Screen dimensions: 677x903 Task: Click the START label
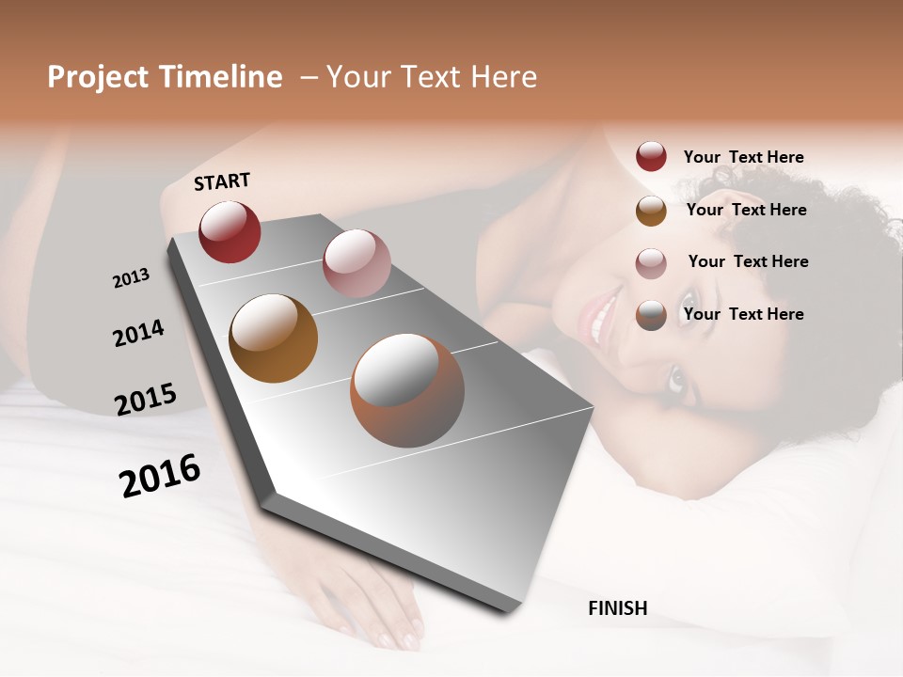[x=222, y=181]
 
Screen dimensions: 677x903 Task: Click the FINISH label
[x=617, y=608]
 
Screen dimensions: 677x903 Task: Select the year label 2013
[x=131, y=278]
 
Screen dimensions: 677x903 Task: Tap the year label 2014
[x=138, y=333]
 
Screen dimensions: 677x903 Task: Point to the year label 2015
[x=146, y=399]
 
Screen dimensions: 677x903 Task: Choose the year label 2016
[x=160, y=475]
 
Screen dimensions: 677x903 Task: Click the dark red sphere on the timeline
[x=230, y=231]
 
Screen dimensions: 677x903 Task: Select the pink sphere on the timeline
[x=356, y=263]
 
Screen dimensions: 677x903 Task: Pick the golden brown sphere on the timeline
[x=274, y=338]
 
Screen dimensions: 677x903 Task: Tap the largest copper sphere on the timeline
[x=407, y=390]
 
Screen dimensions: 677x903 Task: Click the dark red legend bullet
[x=651, y=157]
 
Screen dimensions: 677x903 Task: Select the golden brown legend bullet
[x=651, y=210]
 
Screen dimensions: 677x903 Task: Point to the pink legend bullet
[x=651, y=262]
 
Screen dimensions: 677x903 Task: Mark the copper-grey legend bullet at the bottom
[x=651, y=315]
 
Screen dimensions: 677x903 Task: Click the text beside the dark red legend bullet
[x=743, y=157]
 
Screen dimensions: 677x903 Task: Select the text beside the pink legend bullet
[x=748, y=261]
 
